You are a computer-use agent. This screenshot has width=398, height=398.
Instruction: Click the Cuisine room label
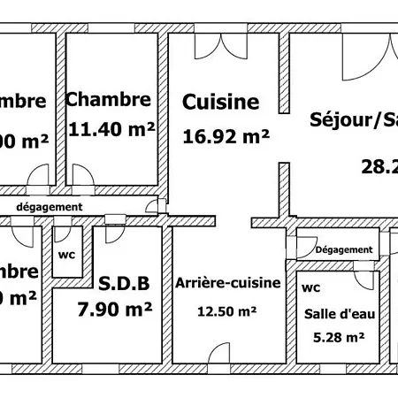point(220,103)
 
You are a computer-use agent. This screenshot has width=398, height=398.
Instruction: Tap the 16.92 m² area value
point(226,136)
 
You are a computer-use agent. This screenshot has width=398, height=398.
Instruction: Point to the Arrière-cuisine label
point(227,283)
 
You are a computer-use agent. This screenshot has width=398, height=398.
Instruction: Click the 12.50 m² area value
point(227,310)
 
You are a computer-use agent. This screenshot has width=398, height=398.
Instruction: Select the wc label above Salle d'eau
point(310,288)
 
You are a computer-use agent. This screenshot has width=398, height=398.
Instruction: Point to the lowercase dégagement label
point(50,206)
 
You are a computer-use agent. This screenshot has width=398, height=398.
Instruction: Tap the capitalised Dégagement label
point(343,249)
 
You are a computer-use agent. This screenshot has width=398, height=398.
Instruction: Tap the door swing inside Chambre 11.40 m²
point(86,175)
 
